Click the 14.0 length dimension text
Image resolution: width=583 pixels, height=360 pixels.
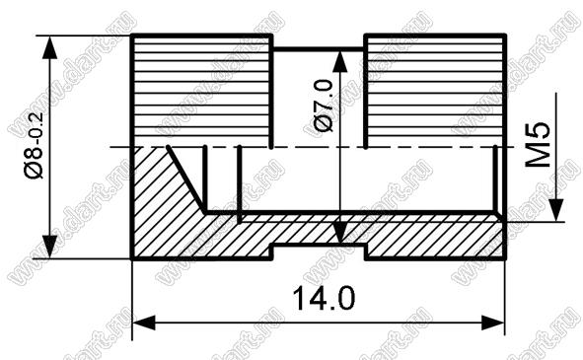(x=324, y=298)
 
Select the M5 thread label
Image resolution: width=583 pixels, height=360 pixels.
(x=538, y=145)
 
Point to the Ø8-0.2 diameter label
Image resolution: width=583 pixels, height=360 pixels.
(x=35, y=146)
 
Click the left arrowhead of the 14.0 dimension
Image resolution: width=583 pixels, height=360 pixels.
(x=143, y=323)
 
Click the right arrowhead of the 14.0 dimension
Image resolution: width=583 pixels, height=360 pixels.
(x=493, y=323)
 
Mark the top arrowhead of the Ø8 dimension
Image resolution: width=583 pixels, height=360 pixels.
(x=49, y=47)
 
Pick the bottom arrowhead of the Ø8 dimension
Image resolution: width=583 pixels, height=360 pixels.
(x=49, y=247)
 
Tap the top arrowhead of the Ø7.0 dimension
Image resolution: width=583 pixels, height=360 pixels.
(x=339, y=61)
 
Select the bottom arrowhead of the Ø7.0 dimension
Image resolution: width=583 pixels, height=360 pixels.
(x=339, y=233)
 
